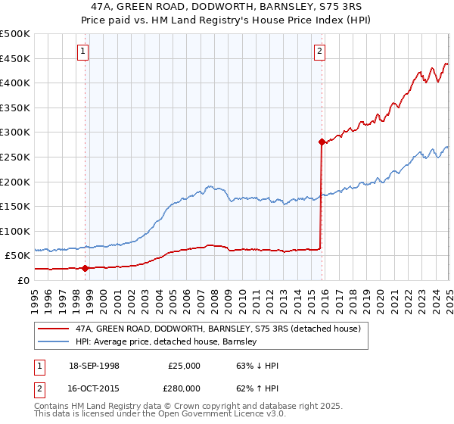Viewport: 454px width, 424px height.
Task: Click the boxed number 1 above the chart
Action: [82, 51]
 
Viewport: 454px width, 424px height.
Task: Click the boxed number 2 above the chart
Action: [320, 51]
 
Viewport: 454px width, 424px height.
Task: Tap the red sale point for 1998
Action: [85, 268]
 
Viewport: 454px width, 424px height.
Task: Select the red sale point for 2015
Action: [322, 142]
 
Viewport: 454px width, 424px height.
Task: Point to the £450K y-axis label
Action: [15, 58]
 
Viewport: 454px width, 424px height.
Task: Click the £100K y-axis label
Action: [15, 231]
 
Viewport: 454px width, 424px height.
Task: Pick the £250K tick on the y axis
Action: [15, 157]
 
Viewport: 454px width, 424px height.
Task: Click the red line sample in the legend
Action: [53, 329]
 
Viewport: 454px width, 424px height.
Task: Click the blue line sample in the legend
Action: [53, 342]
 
